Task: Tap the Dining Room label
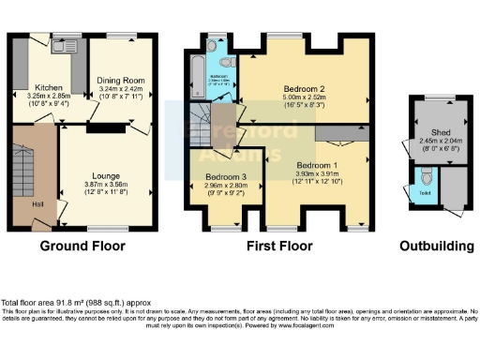point(121,81)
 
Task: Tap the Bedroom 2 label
point(304,90)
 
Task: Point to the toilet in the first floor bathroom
point(213,46)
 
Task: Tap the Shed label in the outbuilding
point(434,133)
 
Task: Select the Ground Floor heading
point(83,247)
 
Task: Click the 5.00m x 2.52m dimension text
point(304,100)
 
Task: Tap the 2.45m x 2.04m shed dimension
point(434,142)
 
